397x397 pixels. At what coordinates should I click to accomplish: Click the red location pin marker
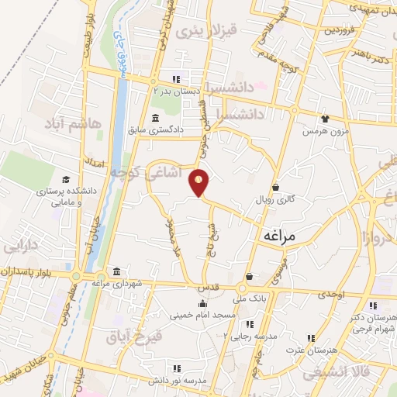[199, 183]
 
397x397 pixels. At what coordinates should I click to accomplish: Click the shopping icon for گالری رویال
[276, 186]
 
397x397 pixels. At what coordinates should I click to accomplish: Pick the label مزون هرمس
[321, 132]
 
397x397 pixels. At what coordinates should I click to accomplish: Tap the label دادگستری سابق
[178, 129]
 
